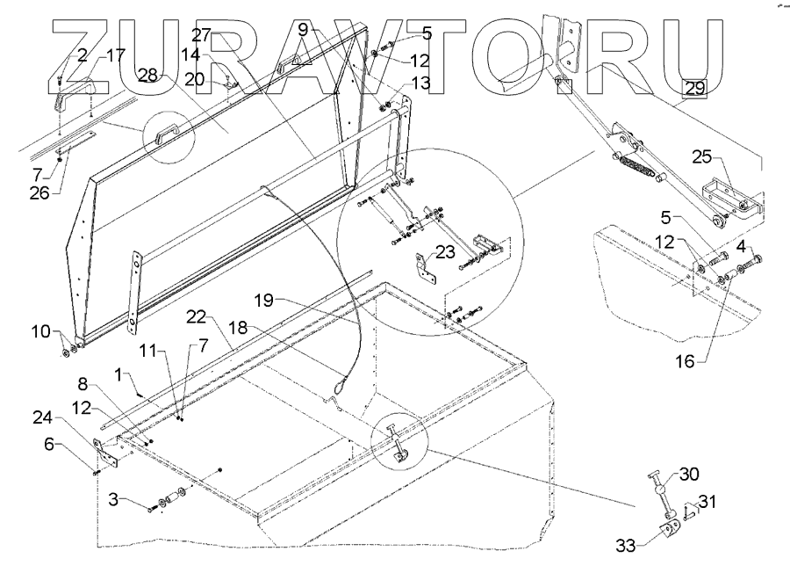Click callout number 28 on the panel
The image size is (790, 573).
[147, 77]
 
